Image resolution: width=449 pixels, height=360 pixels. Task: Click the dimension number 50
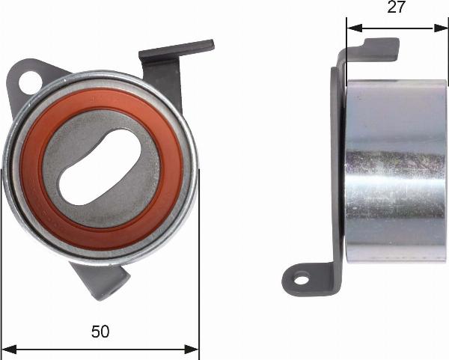pos(100,332)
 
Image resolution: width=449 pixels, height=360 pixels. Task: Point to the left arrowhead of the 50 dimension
pos(10,348)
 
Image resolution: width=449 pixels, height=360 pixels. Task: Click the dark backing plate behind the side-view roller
pos(336,172)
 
